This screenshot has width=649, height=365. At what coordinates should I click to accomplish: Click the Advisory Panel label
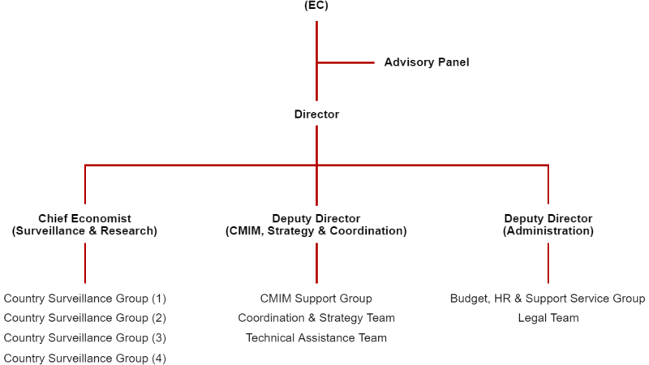427,62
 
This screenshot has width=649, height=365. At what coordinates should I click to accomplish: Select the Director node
316,114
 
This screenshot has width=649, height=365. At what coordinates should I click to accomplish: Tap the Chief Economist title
84,219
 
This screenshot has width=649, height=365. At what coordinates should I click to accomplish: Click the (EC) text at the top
316,5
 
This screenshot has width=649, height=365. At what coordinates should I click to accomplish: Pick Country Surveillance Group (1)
84,298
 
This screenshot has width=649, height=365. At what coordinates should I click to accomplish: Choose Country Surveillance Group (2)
84,318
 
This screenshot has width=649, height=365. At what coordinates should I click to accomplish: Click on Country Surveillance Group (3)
84,338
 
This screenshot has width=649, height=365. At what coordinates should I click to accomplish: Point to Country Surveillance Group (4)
84,358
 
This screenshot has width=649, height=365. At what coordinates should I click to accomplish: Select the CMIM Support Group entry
316,298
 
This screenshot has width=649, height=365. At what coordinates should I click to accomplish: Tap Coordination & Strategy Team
316,318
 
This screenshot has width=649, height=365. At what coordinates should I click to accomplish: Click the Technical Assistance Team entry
316,338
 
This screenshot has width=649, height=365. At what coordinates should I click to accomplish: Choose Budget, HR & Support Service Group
548,298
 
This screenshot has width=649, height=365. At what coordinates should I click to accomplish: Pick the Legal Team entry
548,318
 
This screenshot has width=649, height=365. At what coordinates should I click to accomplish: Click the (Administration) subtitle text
548,231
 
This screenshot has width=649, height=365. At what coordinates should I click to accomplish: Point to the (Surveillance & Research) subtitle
84,231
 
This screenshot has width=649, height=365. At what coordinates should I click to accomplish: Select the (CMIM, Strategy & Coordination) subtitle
316,231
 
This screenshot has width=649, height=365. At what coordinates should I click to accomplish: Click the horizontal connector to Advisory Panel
345,62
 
